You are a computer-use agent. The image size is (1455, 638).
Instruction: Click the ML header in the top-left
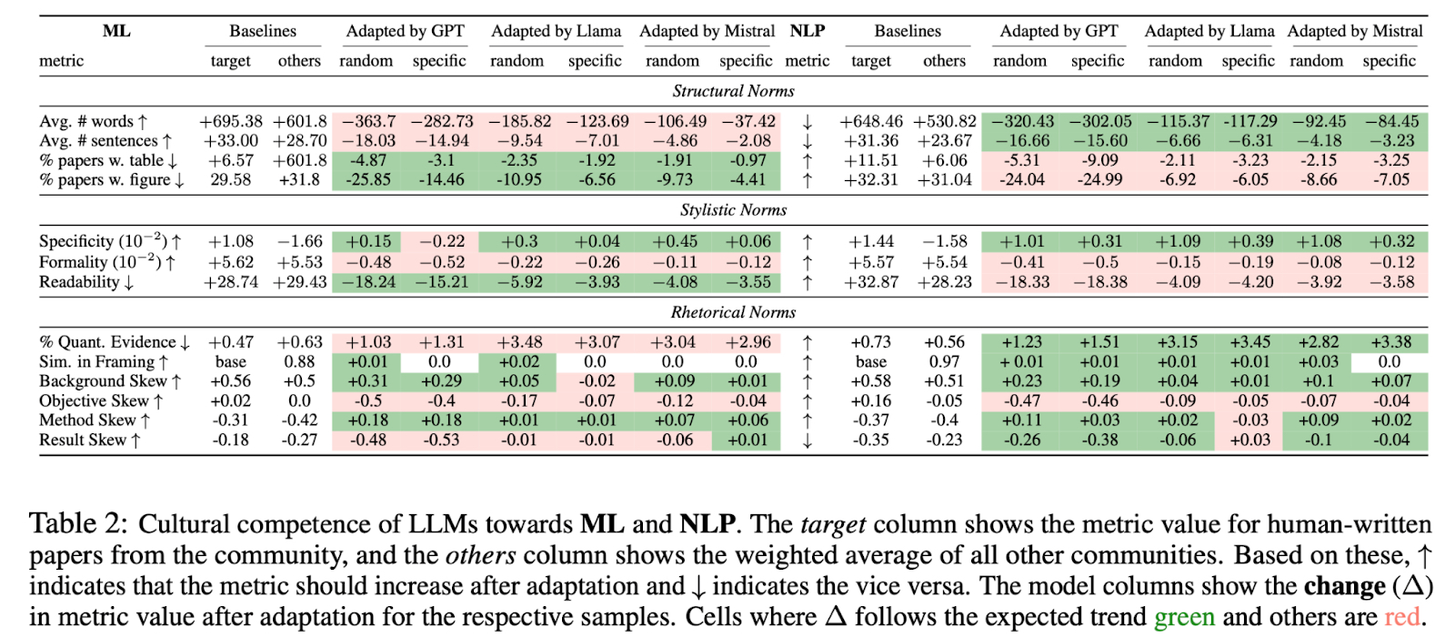(x=116, y=31)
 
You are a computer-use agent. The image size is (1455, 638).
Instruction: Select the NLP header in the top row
(x=807, y=31)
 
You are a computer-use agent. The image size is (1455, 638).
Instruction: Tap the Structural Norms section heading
(x=733, y=91)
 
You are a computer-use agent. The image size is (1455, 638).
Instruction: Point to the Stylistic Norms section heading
(x=733, y=210)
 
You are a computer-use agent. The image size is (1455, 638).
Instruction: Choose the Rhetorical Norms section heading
(x=733, y=312)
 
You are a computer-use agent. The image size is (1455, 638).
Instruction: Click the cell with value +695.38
(x=231, y=121)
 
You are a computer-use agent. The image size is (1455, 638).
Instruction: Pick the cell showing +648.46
(x=871, y=121)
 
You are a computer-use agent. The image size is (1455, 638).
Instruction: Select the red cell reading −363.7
(x=366, y=121)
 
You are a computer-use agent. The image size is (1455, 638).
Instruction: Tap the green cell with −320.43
(x=1021, y=121)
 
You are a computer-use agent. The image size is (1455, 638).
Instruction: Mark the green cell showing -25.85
(x=366, y=179)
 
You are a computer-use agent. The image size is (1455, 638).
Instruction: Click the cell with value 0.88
(x=299, y=361)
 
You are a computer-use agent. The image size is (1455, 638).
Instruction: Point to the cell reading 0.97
(x=944, y=361)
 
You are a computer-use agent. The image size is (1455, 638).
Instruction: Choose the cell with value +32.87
(x=871, y=282)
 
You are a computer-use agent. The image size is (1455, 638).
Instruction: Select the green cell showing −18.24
(x=366, y=282)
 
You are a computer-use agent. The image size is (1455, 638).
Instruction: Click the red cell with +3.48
(x=517, y=342)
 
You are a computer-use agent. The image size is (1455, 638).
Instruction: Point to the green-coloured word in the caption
(x=1184, y=617)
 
